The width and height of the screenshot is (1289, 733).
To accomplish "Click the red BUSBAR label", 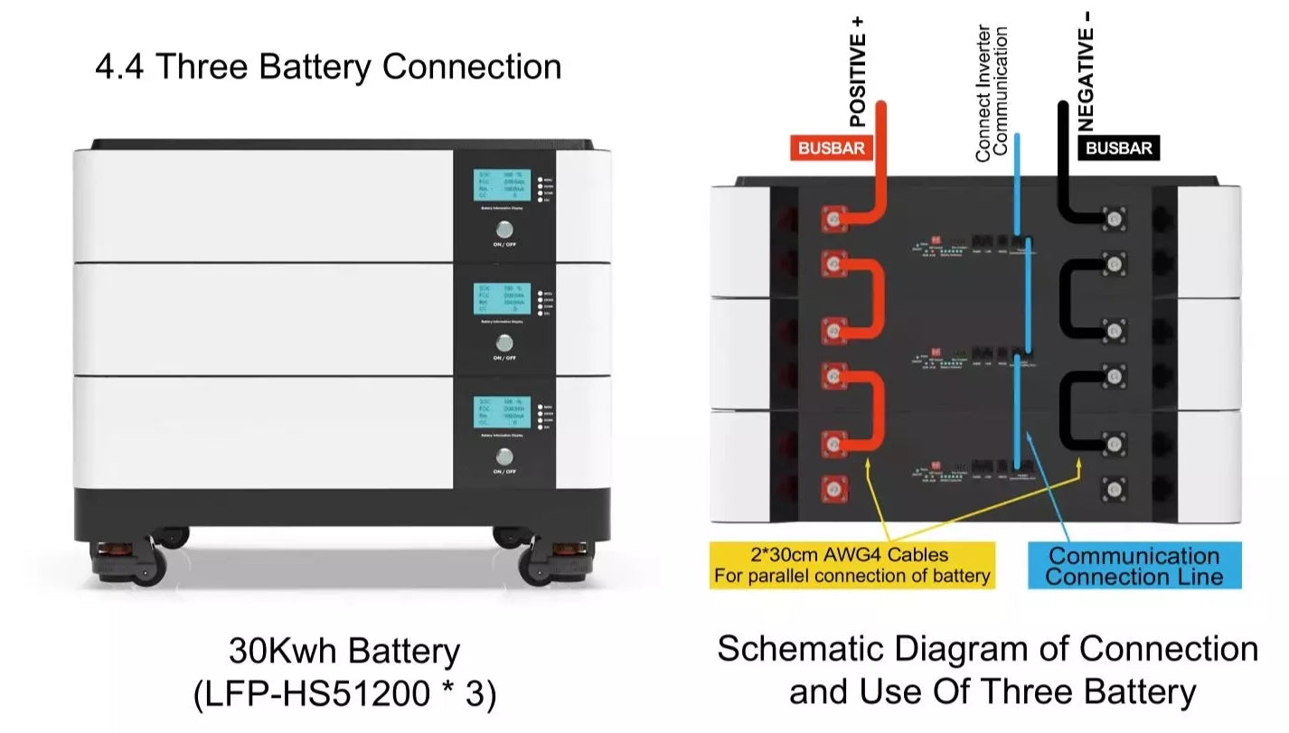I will point(832,148).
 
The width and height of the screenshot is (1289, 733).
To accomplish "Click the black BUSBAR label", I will point(1118,148).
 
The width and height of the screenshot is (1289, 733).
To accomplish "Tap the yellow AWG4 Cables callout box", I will point(851,565).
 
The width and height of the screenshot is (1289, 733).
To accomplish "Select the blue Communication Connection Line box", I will point(1134,566).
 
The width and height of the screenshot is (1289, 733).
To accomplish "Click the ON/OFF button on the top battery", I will point(504,230).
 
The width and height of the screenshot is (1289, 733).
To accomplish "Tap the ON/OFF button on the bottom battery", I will point(504,456).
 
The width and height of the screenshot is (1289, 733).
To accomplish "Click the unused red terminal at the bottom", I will point(833,490).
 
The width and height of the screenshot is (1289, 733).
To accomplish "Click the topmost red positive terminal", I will point(833,218).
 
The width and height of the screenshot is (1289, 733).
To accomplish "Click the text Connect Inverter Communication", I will point(992,93).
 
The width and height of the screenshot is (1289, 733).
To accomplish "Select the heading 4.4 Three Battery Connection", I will point(328,67).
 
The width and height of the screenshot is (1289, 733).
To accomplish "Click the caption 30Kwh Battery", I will point(344,651).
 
